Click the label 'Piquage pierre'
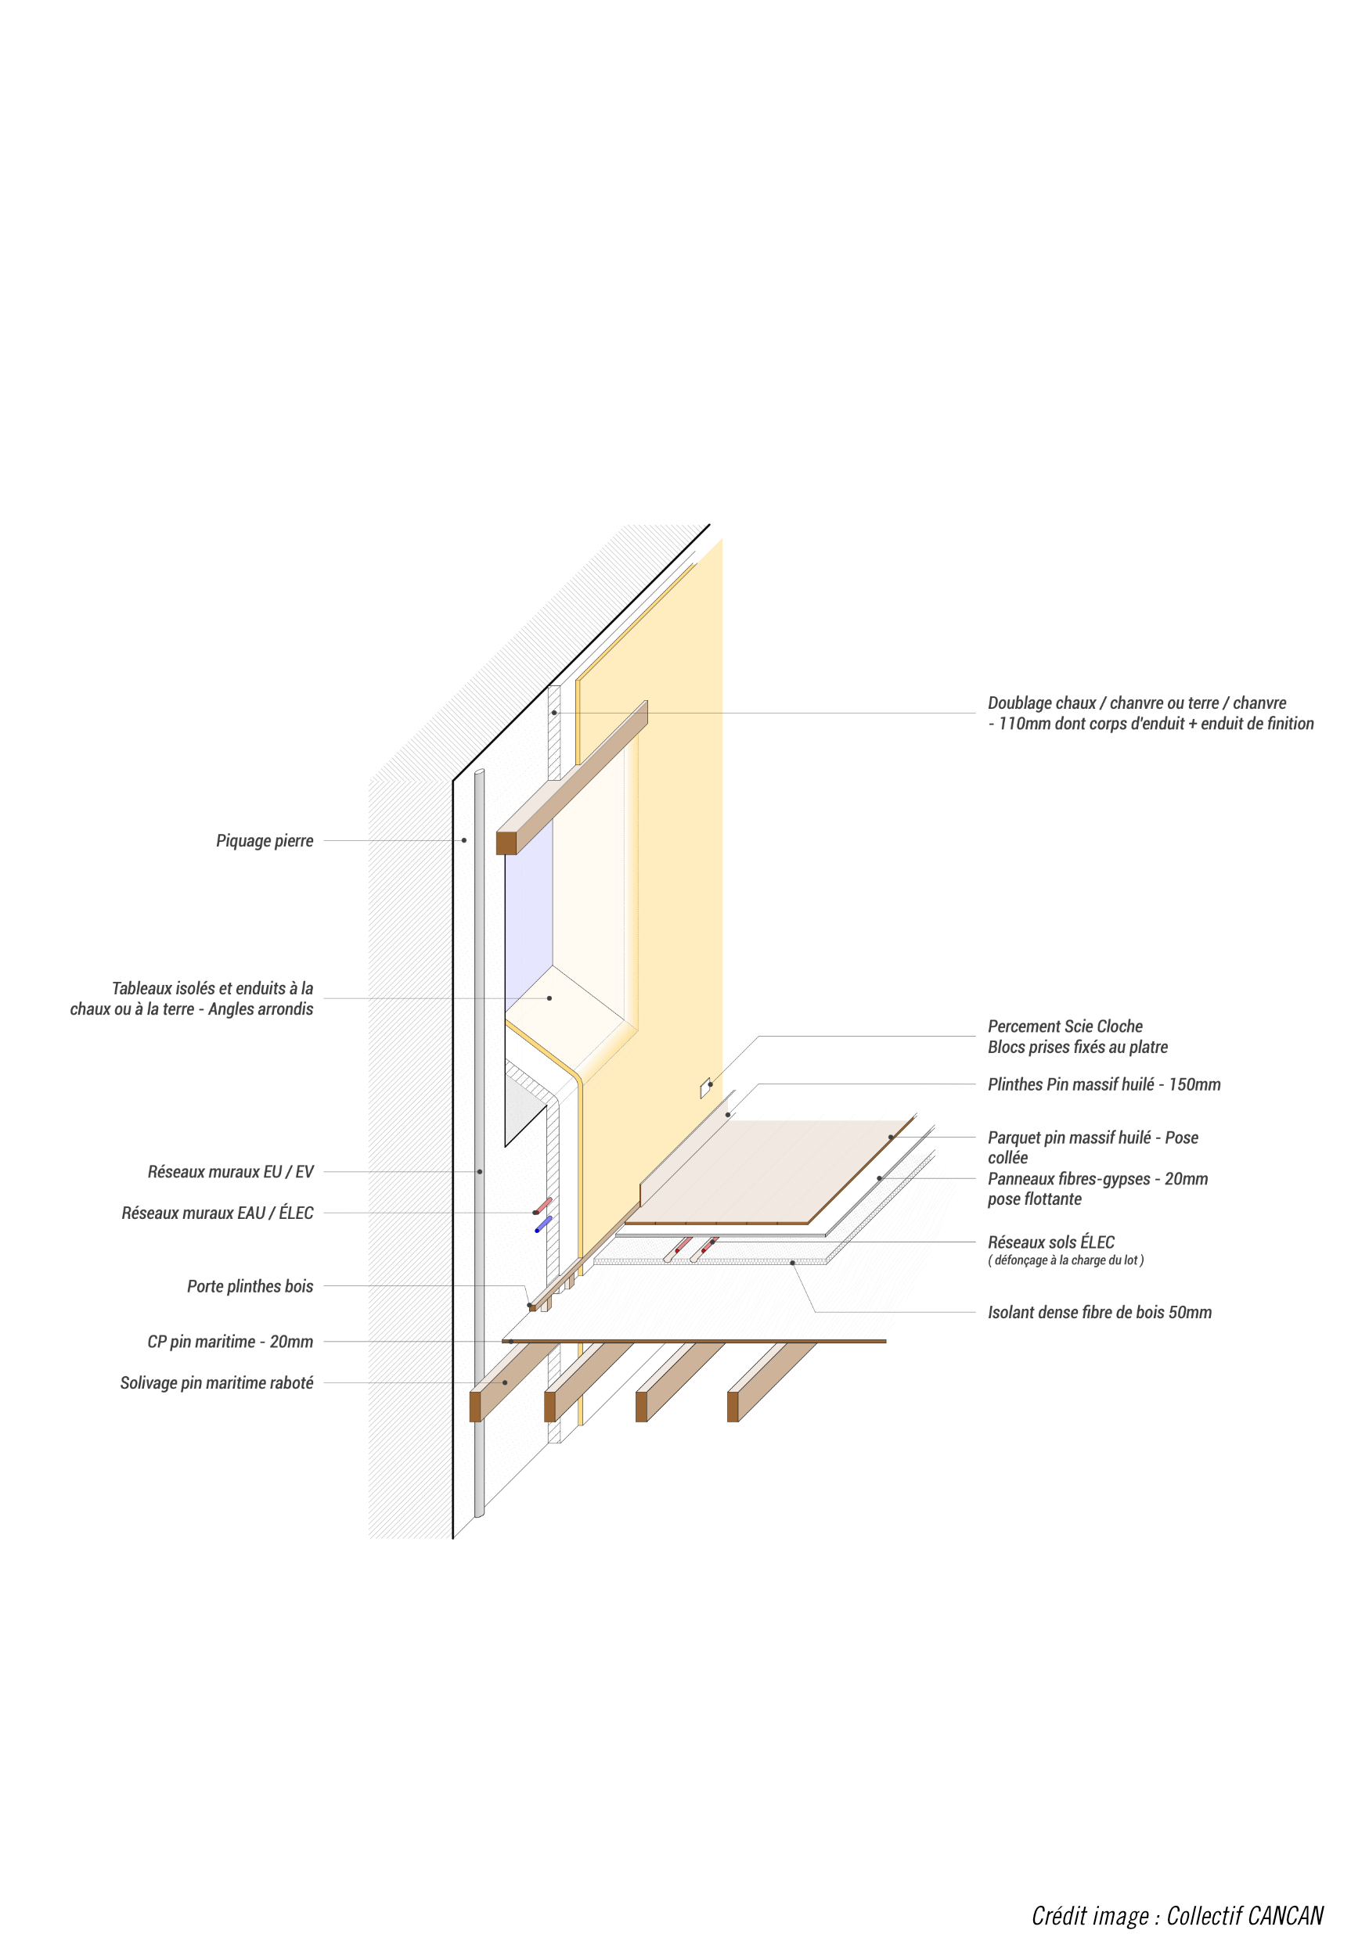coord(265,840)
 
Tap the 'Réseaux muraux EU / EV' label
coord(230,1172)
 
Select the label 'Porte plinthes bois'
coord(250,1286)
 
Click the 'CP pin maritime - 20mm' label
coord(230,1342)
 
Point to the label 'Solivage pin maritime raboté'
coord(217,1383)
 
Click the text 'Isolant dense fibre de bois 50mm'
coord(1099,1312)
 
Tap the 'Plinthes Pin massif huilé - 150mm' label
coord(1104,1084)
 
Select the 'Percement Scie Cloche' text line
coord(1065,1026)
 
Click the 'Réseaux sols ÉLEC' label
coord(1051,1242)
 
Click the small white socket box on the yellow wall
coord(705,1089)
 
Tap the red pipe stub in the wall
coord(544,1205)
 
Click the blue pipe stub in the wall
coord(544,1224)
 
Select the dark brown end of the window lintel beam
coord(506,843)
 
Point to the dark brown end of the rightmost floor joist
coord(733,1407)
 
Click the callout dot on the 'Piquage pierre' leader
coord(464,840)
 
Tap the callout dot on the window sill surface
coord(549,998)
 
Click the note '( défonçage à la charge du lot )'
coord(1065,1260)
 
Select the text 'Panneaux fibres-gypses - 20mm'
coord(1097,1178)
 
